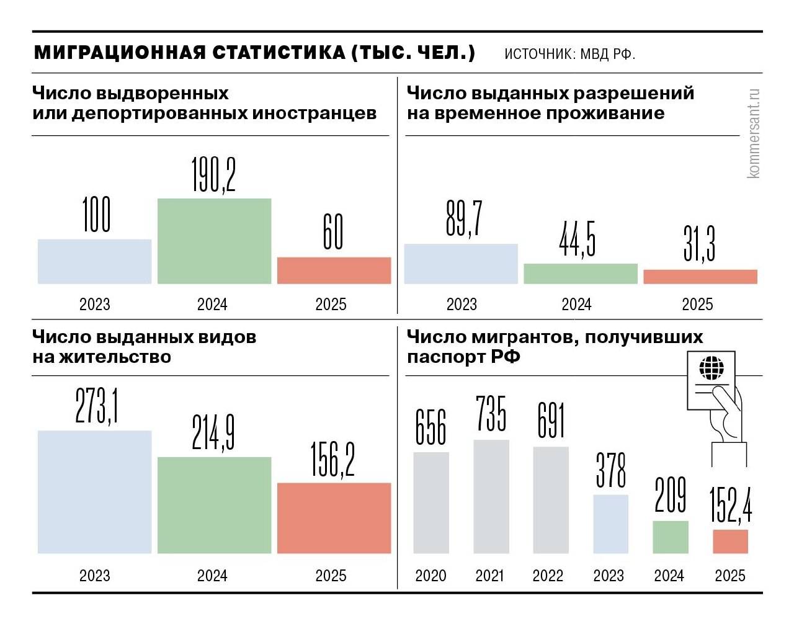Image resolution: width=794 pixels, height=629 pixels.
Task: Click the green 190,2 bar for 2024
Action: click(214, 241)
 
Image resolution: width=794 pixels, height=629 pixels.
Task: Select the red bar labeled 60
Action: click(334, 270)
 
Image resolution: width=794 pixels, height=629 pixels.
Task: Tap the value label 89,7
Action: click(464, 219)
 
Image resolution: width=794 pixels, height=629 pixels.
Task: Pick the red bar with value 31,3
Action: click(700, 277)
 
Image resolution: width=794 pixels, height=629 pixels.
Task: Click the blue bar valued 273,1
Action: click(94, 491)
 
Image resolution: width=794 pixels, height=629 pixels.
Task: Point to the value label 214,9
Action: click(213, 432)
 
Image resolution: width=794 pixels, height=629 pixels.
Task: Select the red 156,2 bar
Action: click(334, 518)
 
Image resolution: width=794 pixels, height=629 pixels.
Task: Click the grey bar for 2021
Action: click(491, 496)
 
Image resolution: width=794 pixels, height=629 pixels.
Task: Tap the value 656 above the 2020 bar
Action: click(430, 427)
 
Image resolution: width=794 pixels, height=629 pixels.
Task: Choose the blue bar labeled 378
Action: click(610, 524)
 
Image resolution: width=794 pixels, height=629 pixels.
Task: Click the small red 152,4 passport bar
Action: click(730, 541)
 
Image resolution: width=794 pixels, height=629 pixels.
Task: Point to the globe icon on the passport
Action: click(711, 368)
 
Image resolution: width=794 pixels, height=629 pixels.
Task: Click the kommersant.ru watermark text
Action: click(754, 133)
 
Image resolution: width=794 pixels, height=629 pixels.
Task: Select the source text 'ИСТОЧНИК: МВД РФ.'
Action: click(569, 54)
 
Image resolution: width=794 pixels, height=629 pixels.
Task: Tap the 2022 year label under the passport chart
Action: click(548, 576)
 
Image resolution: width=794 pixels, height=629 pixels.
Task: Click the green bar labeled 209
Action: click(670, 537)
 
